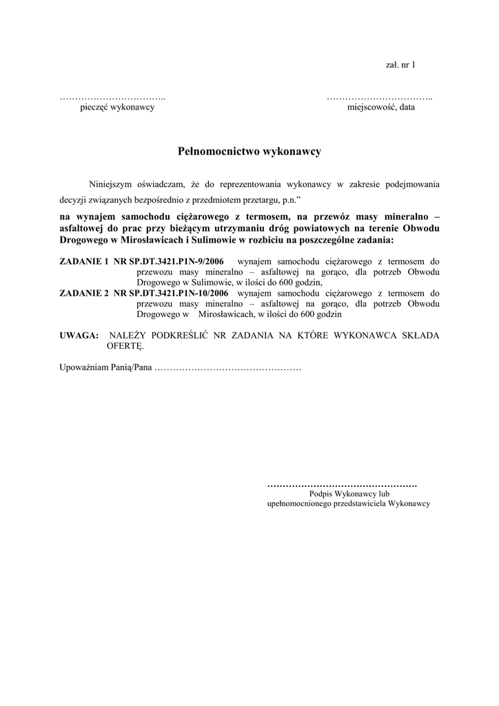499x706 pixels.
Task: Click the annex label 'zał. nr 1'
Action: coord(400,65)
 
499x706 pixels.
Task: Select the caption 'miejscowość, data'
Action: coord(381,108)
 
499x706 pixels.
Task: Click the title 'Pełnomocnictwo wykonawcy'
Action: coord(250,151)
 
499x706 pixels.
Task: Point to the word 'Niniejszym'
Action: coord(114,184)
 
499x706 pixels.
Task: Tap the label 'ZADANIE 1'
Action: coord(84,262)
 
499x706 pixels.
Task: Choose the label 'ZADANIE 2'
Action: coord(84,292)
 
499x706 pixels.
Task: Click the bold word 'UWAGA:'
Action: coord(79,335)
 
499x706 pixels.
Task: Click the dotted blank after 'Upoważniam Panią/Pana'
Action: coord(227,368)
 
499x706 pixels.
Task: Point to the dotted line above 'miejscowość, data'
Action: coord(380,97)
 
